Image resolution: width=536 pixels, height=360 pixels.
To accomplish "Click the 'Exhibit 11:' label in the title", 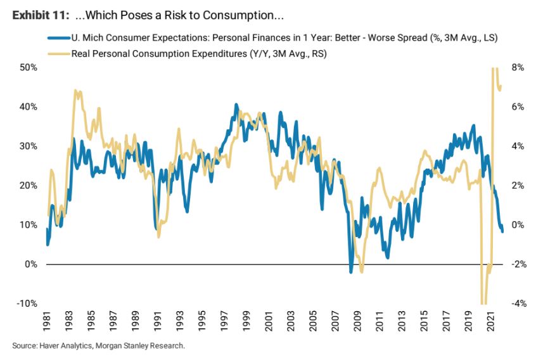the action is click(41, 15).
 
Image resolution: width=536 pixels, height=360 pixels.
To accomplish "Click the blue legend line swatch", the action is click(59, 37).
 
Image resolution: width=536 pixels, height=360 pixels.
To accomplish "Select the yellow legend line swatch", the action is click(59, 54).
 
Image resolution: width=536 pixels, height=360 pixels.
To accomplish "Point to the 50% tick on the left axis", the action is click(29, 67).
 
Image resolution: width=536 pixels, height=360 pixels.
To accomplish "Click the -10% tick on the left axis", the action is click(27, 304).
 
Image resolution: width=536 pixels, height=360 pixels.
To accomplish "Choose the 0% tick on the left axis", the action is click(31, 264).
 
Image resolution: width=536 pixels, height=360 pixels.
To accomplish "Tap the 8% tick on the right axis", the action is click(518, 67).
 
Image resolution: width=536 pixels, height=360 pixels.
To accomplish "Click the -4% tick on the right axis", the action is click(519, 304).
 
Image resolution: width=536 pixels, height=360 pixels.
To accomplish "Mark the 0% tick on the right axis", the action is click(518, 225).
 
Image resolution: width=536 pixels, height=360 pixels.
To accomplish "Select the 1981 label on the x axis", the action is click(47, 321).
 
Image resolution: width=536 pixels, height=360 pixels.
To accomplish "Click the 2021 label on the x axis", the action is click(491, 321).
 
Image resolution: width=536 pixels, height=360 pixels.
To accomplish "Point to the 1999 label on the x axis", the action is click(247, 321).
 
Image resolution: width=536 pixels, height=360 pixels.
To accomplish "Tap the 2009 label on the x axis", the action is click(358, 321).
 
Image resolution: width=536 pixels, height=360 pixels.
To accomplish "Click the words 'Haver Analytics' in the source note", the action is click(66, 345).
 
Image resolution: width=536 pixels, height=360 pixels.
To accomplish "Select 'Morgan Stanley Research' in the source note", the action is click(139, 345).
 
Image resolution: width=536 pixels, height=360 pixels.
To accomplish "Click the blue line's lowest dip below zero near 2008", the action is click(351, 272).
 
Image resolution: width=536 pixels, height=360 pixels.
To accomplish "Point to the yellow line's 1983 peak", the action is click(75, 91).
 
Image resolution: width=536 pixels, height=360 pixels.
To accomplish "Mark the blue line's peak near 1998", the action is click(236, 105).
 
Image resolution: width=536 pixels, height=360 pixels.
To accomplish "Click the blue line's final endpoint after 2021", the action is click(502, 232).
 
